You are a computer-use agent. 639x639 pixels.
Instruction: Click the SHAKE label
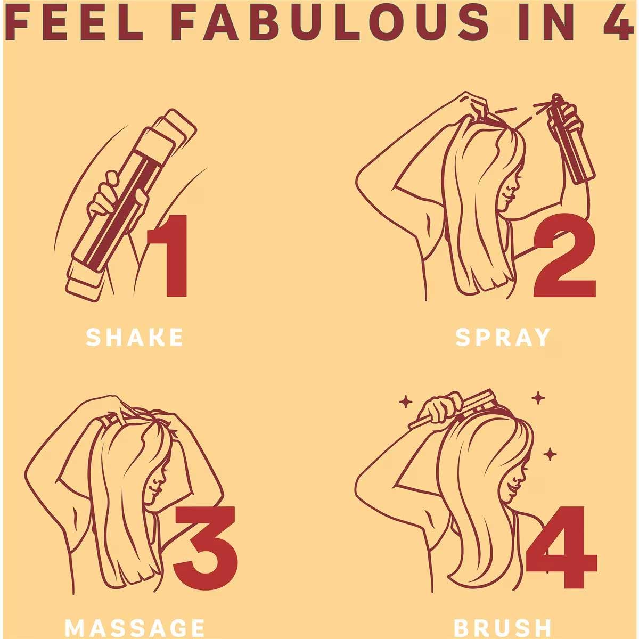point(134,337)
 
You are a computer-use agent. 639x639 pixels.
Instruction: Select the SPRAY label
point(503,337)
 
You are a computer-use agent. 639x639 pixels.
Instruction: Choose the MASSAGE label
point(134,628)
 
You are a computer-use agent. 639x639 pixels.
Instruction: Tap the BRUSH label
point(503,628)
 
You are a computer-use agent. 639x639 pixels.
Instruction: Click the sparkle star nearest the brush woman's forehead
point(550,454)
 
